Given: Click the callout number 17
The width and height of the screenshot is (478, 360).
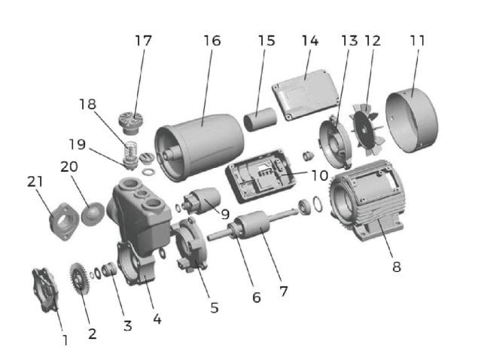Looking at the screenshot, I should pyautogui.click(x=143, y=40).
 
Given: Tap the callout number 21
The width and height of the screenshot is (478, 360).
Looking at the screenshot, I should pyautogui.click(x=35, y=182).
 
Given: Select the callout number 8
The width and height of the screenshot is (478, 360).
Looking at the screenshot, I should pyautogui.click(x=396, y=267).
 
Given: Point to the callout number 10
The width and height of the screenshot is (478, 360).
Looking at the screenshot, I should pyautogui.click(x=318, y=175).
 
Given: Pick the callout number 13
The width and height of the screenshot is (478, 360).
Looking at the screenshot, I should pyautogui.click(x=348, y=40).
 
